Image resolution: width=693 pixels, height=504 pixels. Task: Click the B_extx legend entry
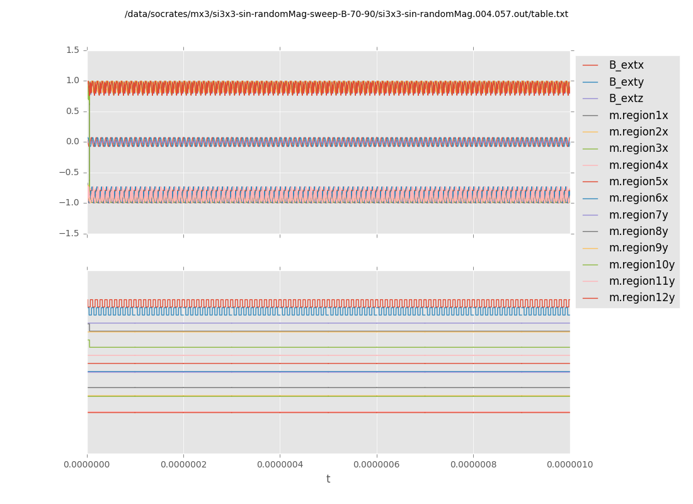(626, 66)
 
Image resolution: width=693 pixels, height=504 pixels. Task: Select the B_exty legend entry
(626, 82)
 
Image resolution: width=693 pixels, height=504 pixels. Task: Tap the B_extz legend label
(626, 99)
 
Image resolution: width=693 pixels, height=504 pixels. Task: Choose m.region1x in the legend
(638, 115)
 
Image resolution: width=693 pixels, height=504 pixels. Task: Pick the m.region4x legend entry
(638, 165)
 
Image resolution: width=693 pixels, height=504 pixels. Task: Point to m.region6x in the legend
(638, 198)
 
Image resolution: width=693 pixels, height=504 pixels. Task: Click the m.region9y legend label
(638, 248)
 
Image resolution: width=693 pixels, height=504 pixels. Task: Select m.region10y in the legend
(641, 265)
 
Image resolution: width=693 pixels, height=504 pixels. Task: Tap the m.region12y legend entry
(641, 297)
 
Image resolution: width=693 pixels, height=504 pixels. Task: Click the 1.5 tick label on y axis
(72, 50)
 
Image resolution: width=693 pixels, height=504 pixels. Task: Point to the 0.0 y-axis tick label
(72, 142)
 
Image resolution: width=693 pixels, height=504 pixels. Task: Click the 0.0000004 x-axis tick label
(280, 465)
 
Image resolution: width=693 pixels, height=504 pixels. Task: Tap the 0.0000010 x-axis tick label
(569, 465)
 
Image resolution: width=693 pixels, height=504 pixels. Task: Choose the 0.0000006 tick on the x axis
(377, 465)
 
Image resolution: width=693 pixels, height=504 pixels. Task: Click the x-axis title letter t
(328, 479)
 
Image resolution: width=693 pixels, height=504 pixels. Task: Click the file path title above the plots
(346, 14)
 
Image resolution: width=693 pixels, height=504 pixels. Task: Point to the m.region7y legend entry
(638, 215)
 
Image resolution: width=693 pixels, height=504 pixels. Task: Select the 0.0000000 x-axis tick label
(88, 465)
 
